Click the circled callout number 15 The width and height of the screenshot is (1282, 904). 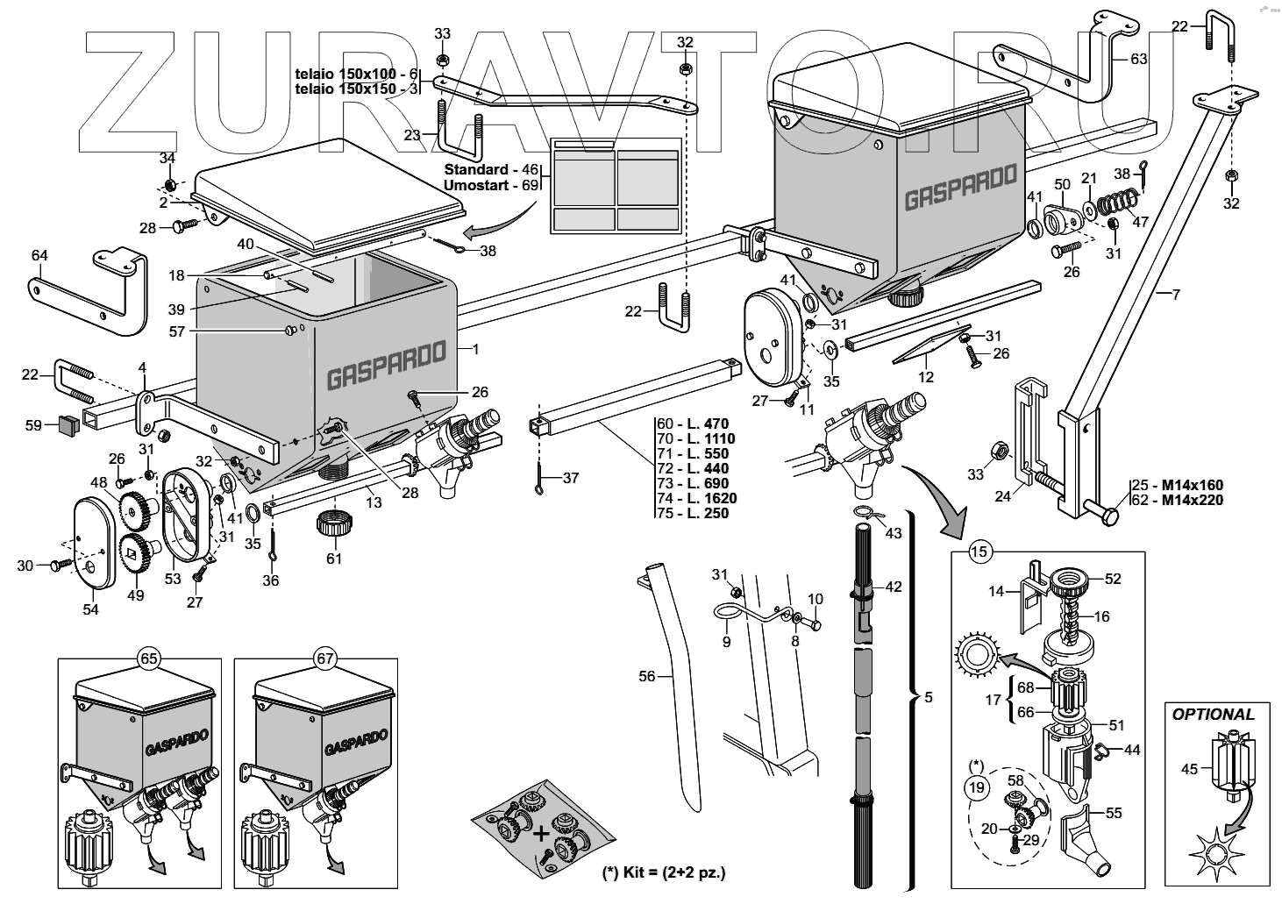(x=979, y=552)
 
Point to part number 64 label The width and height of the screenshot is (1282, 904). (x=39, y=255)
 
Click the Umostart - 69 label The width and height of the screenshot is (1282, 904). (x=489, y=186)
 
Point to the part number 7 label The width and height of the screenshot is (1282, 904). (x=1176, y=295)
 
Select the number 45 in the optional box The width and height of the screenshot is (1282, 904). (x=1188, y=769)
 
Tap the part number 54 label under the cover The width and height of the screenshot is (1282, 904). (x=91, y=609)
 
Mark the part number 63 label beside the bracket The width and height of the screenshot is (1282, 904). (x=1138, y=60)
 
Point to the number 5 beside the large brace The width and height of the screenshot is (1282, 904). (x=929, y=698)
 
